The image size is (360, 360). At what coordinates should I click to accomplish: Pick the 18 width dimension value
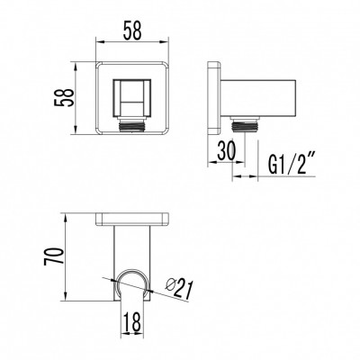(130, 320)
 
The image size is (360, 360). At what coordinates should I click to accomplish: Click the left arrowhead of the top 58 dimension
(98, 43)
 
